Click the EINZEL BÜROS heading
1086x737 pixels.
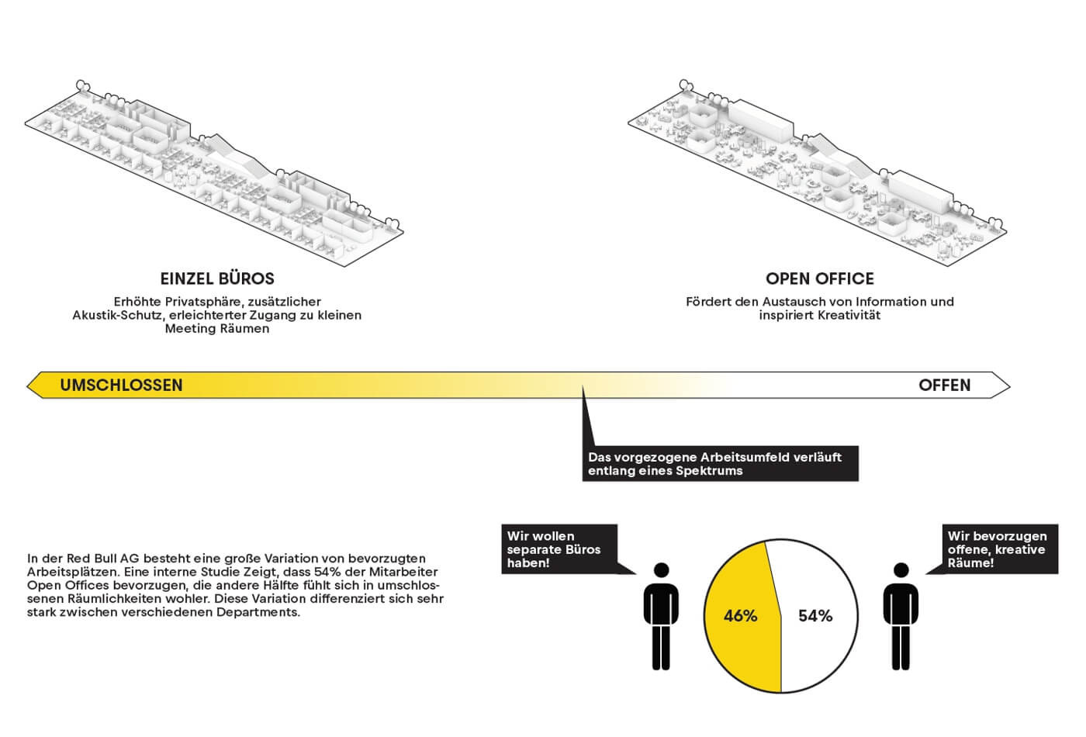tap(217, 279)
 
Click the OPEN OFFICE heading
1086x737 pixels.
tap(819, 279)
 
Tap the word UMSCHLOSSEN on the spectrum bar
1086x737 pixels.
tap(121, 386)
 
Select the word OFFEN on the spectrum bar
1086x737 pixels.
tap(944, 386)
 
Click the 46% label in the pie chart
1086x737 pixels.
tap(739, 616)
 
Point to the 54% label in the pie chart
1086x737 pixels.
tap(815, 616)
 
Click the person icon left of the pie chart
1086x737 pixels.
tap(661, 617)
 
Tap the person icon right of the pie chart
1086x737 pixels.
tap(901, 617)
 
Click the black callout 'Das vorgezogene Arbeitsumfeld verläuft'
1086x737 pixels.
tap(719, 464)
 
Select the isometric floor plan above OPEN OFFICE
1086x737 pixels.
tap(818, 171)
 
